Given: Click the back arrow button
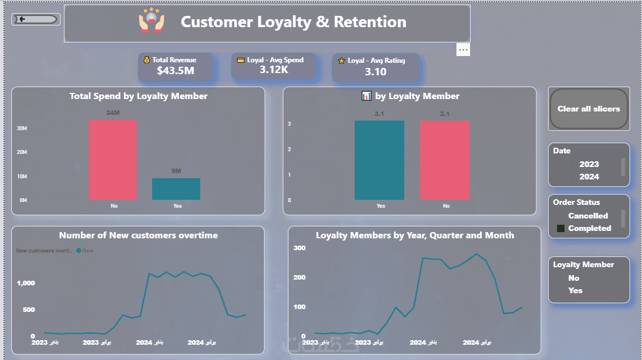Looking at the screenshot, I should click(x=35, y=20).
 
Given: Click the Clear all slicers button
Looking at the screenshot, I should click(x=588, y=109).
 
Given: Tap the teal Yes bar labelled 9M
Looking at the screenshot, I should click(x=176, y=189).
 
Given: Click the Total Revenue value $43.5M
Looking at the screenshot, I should click(x=175, y=71).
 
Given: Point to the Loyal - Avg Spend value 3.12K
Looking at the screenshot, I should click(x=274, y=70).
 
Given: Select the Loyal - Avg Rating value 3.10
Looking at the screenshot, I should click(x=376, y=71).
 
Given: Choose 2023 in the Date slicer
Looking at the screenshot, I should click(x=588, y=164).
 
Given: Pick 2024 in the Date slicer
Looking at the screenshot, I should click(x=588, y=177).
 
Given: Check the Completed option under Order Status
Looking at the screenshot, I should click(x=561, y=229).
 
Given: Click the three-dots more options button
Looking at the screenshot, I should click(x=463, y=50).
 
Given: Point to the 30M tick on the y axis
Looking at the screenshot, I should click(x=22, y=128).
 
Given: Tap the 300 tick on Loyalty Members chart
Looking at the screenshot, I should click(x=299, y=248).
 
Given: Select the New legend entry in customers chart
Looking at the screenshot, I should click(x=87, y=251).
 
